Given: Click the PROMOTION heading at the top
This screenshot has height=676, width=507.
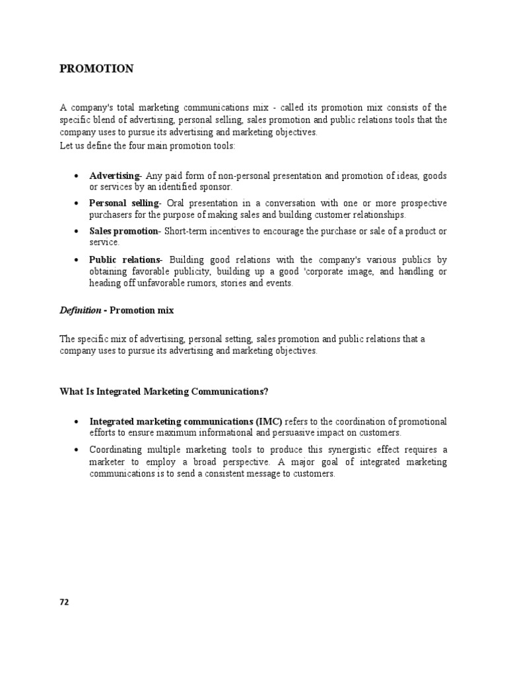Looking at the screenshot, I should [x=96, y=69].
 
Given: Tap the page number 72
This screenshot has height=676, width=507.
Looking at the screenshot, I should [x=64, y=601].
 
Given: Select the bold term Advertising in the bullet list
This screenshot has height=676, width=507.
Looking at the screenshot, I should [x=114, y=176].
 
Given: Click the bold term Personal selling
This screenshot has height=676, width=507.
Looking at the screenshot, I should [x=123, y=203].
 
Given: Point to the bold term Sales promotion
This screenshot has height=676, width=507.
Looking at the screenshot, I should [x=123, y=231].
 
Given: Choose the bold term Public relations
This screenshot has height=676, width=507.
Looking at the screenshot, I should [x=124, y=259].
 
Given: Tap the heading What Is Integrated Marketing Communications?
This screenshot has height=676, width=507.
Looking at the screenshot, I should [x=164, y=391].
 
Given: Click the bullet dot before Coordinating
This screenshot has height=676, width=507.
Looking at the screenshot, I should [x=77, y=450].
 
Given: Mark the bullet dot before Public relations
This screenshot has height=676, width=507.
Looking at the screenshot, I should [x=77, y=259].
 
